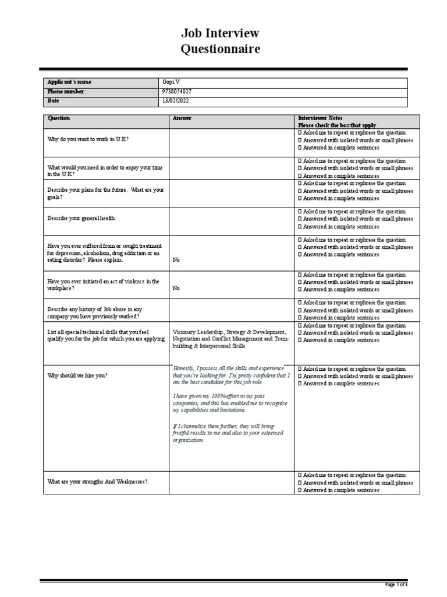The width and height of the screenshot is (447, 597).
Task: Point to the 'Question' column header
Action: click(x=59, y=118)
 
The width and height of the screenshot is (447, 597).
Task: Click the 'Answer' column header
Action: click(x=182, y=118)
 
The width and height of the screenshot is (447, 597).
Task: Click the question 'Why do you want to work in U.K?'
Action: click(x=88, y=140)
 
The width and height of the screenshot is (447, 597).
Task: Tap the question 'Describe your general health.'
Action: click(x=81, y=218)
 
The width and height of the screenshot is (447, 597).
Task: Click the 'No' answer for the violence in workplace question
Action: click(x=176, y=288)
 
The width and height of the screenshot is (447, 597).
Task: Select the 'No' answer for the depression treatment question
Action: click(x=176, y=260)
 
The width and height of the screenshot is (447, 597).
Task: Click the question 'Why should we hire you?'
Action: click(x=77, y=376)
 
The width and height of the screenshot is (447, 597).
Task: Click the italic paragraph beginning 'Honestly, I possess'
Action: click(x=230, y=375)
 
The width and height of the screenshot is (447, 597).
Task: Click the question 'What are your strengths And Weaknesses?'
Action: click(x=98, y=482)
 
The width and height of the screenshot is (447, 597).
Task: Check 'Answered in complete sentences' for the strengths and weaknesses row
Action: click(x=300, y=490)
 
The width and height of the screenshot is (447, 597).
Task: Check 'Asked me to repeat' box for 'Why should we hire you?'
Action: click(x=300, y=369)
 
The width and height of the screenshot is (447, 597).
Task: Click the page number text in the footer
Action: click(x=397, y=584)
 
